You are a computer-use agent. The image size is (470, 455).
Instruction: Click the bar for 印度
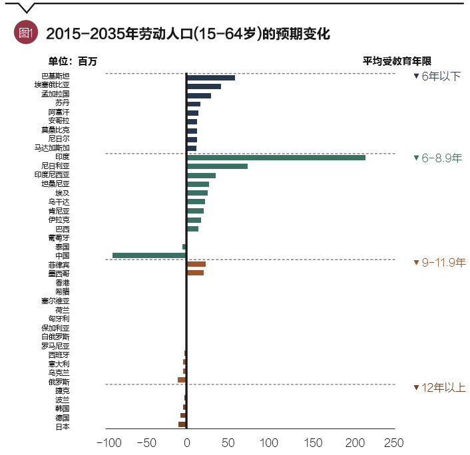coord(276,157)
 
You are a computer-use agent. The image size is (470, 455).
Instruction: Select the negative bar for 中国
coord(149,255)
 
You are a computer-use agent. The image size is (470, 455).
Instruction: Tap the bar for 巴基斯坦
coord(210,78)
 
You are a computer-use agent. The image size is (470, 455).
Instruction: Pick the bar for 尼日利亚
coord(217,166)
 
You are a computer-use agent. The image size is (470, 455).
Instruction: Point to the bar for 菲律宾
coord(196,264)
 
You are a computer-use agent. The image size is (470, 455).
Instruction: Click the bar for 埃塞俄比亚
coord(204,86)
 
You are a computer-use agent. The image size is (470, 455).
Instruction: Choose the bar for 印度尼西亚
coord(201,175)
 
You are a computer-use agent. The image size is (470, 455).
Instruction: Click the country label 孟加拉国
coord(55,94)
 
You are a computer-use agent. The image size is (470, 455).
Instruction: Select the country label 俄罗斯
coord(59,382)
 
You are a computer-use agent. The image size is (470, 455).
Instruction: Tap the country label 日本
coord(63,426)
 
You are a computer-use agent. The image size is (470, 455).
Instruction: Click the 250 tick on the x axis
coord(394,442)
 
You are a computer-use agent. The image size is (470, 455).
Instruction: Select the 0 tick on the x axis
coord(186,442)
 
